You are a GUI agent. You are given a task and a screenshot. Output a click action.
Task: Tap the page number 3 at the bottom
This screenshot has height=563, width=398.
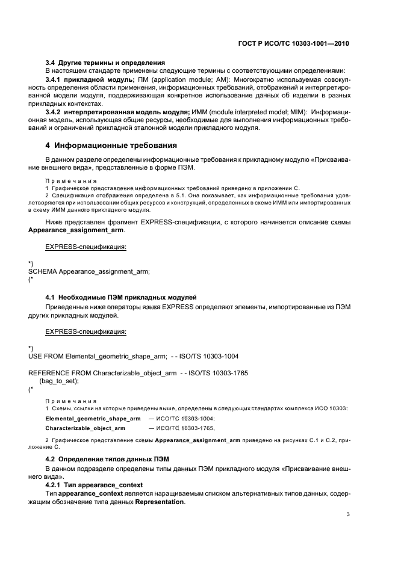(348, 514)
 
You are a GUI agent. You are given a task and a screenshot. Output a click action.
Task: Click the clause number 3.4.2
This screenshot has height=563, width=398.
(55, 112)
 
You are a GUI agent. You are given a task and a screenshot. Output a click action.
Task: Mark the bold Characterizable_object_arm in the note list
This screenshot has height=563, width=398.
(85, 428)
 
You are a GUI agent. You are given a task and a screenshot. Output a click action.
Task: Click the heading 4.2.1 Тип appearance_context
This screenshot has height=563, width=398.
(94, 485)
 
